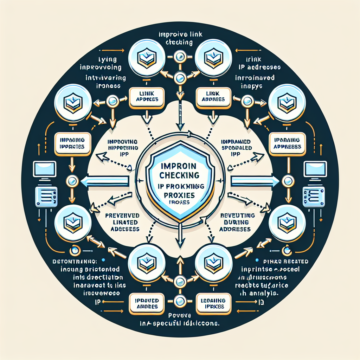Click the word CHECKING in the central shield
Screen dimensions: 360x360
point(179,175)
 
